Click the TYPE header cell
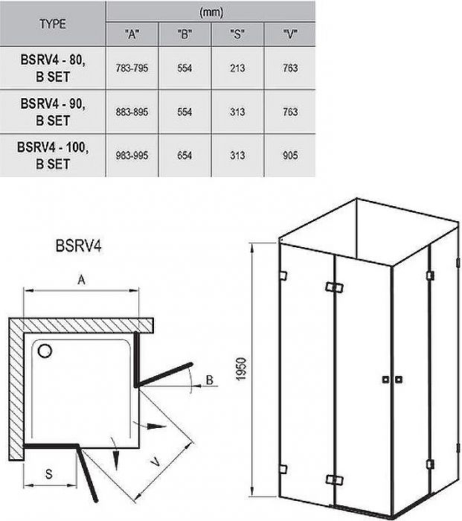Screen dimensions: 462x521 53,24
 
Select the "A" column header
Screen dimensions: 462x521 132,34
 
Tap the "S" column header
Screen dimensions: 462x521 237,34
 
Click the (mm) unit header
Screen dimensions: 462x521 211,13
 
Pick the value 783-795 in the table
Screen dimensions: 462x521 132,68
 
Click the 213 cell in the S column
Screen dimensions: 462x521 237,68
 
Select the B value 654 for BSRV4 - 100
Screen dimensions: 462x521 185,155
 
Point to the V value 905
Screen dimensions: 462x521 290,155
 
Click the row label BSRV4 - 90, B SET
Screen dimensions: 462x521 53,112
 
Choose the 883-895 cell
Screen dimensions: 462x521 132,112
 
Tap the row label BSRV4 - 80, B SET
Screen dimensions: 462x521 53,68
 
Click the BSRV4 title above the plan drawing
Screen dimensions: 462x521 79,246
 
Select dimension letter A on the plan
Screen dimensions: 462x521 81,280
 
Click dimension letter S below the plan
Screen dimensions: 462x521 49,474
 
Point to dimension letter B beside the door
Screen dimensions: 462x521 210,380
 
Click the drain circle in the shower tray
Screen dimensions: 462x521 45,351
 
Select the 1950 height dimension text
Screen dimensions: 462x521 242,369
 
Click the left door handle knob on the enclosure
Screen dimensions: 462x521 385,380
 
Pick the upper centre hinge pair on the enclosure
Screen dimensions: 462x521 335,287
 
